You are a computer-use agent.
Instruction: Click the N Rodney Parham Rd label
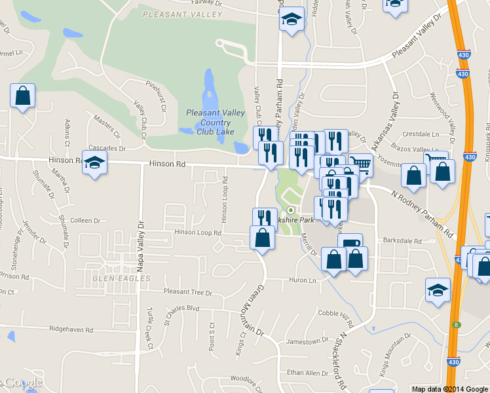422,214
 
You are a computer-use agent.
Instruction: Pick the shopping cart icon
360,165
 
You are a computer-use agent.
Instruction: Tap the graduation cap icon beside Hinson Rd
95,163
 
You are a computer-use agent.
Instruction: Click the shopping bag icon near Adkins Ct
22,96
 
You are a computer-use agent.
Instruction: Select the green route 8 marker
455,324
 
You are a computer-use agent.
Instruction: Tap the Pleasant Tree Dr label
189,292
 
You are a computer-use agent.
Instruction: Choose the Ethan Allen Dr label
307,373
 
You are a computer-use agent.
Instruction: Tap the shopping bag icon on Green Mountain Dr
262,237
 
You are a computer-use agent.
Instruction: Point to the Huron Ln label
302,280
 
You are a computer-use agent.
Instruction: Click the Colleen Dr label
77,221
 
